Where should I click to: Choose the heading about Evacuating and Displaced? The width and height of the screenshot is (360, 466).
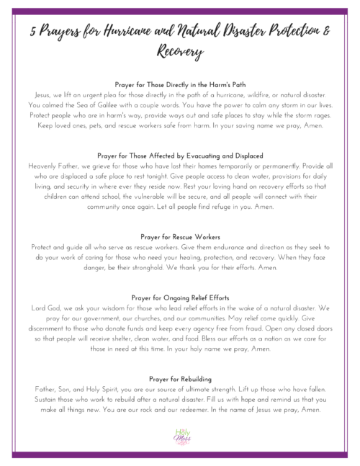[x=179, y=156]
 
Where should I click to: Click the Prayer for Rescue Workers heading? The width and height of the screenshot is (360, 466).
[x=179, y=236]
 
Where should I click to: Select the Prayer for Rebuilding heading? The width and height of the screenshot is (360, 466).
[x=179, y=377]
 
